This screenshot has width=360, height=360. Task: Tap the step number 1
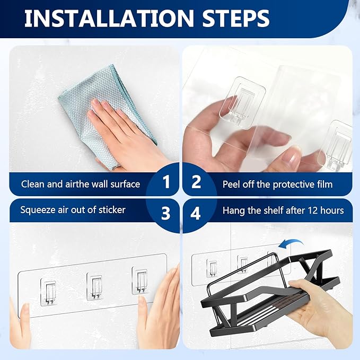[x=166, y=183]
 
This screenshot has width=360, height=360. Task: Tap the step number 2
[x=196, y=183]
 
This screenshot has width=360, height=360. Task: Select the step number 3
[x=166, y=213]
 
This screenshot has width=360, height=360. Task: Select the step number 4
[x=196, y=213]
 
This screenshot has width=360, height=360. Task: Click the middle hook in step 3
[x=94, y=287]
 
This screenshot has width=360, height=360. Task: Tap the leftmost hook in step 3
[x=48, y=291]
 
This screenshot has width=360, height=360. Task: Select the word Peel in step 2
[x=232, y=185]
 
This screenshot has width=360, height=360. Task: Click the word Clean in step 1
[x=33, y=185]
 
